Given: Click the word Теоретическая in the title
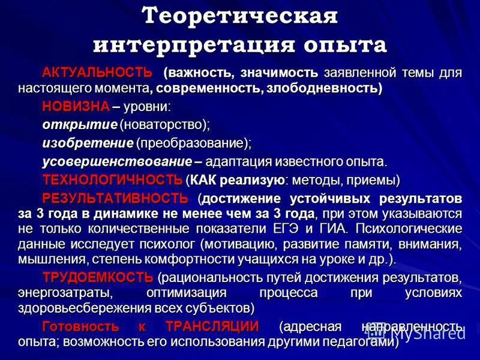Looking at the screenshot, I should pos(240,16).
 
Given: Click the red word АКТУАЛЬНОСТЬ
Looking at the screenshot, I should pos(97,73).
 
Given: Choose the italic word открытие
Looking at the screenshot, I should pos(79,125).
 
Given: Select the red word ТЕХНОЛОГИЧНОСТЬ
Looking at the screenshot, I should pos(112,179).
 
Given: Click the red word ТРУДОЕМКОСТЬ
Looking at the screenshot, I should pos(98,277).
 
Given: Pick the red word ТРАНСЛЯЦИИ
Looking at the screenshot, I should pos(212,327).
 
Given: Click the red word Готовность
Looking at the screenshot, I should pos(78,327).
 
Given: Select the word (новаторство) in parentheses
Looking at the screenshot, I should pos(164,125).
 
